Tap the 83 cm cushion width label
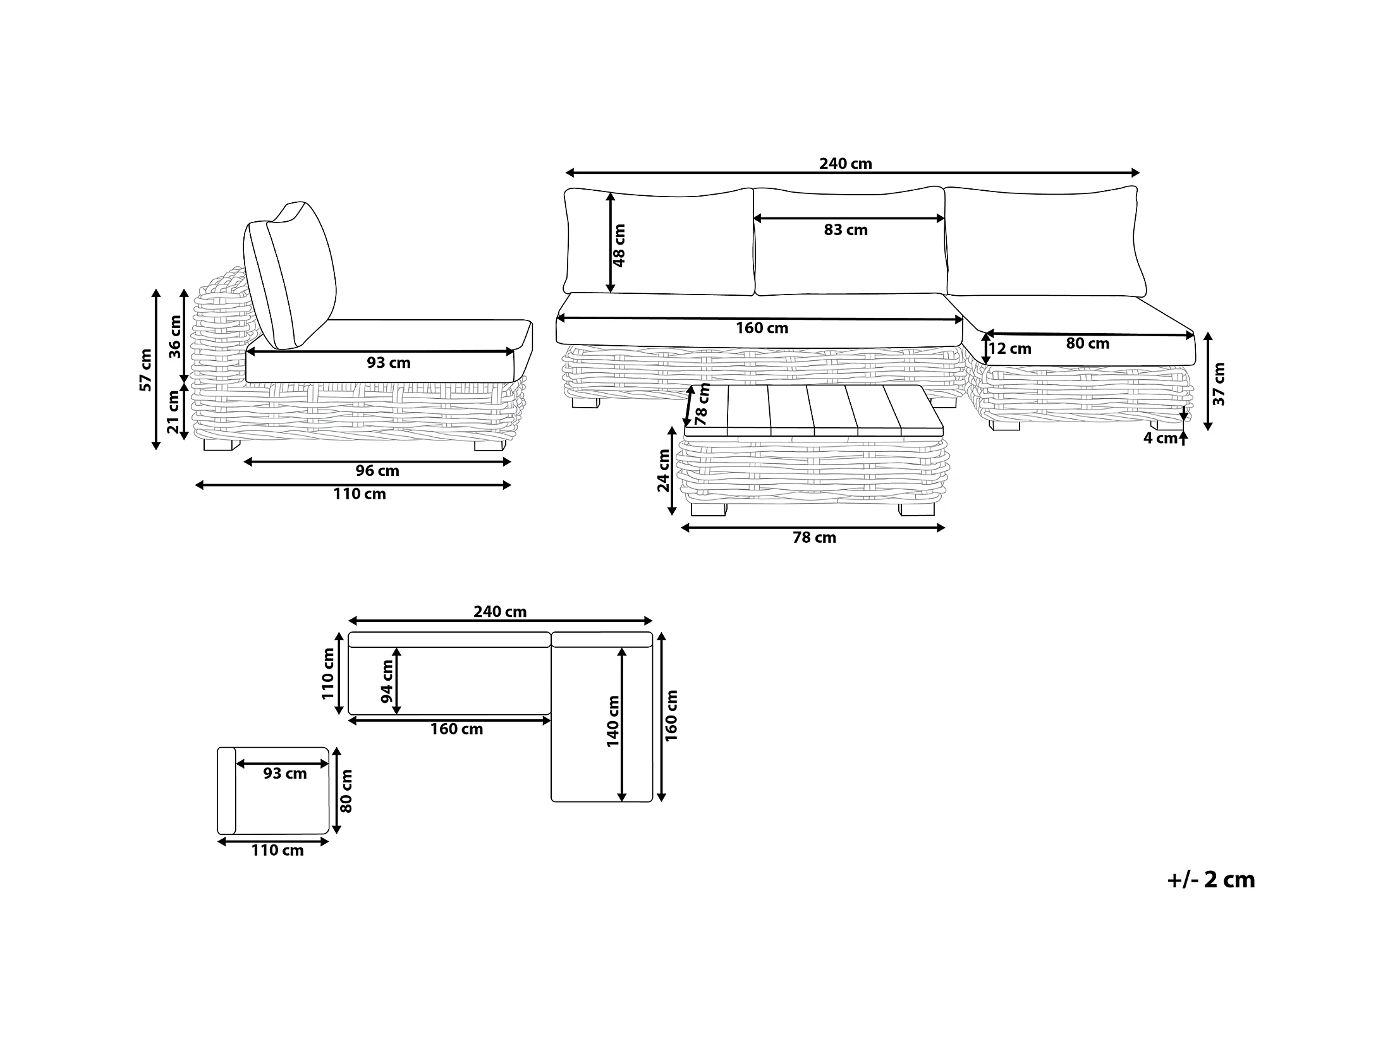click(845, 230)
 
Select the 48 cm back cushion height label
click(619, 245)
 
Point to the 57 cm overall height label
click(146, 370)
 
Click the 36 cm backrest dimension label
click(175, 337)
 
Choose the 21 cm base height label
click(174, 411)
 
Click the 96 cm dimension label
click(377, 471)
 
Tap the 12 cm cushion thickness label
click(1010, 349)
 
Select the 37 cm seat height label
click(1219, 384)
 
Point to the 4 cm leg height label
click(1160, 438)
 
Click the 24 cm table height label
click(663, 470)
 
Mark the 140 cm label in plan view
click(612, 721)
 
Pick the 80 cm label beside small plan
click(346, 791)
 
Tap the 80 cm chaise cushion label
click(1087, 344)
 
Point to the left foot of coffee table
click(708, 509)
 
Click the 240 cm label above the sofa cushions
click(845, 164)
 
